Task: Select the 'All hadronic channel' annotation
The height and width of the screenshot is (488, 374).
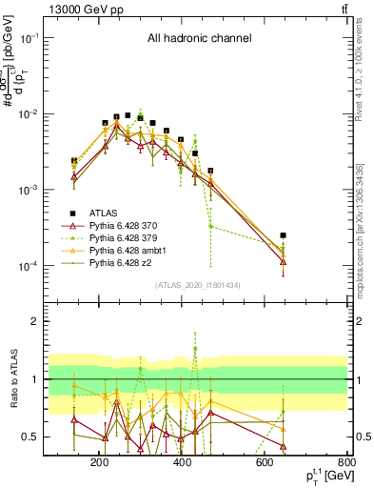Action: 199,39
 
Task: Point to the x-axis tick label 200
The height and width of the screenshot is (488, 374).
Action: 98,463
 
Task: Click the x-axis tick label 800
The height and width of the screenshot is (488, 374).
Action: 346,463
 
